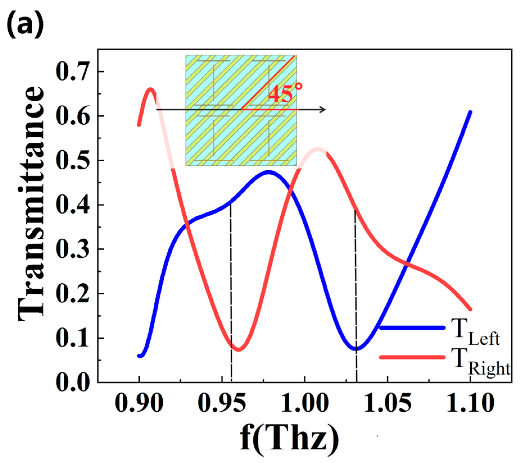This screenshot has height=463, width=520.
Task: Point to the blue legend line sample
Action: tap(412, 327)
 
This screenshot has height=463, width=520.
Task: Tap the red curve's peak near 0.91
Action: tap(151, 90)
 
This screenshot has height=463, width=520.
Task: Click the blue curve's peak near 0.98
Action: tap(269, 172)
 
